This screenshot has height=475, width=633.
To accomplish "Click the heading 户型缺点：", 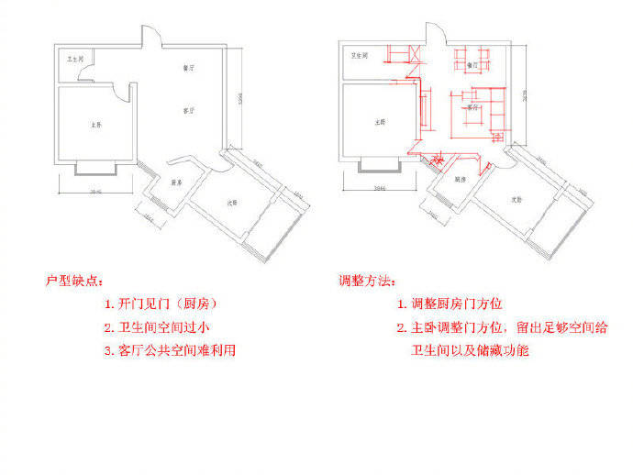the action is click(76, 280).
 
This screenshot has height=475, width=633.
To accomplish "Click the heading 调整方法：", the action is click(367, 280).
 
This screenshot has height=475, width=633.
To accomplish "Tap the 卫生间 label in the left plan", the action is click(75, 60).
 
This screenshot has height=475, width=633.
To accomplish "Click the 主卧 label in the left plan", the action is click(94, 124).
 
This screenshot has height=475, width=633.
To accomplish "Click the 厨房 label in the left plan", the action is click(176, 182).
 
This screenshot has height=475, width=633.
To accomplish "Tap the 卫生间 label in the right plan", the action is click(360, 56).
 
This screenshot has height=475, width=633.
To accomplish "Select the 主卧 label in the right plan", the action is click(378, 121).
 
